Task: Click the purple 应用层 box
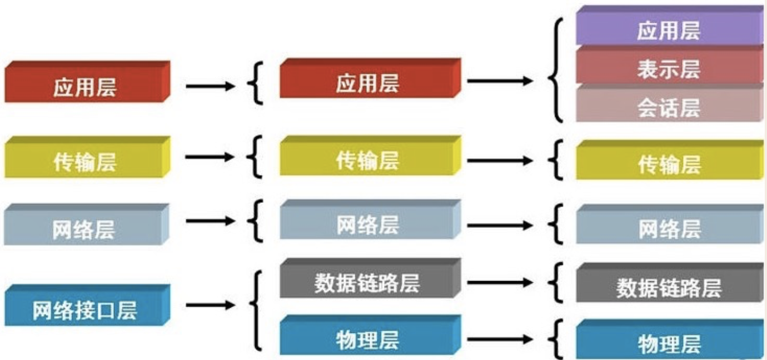click(669, 29)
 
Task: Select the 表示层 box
click(669, 68)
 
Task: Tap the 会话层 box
click(669, 107)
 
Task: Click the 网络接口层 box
click(84, 310)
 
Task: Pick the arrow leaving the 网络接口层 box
click(210, 305)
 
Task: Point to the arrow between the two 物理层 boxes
click(500, 339)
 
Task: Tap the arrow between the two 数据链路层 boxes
click(500, 282)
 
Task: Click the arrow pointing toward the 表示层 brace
click(500, 81)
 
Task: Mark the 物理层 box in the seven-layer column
click(669, 342)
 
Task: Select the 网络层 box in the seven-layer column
click(669, 228)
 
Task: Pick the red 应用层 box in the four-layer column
click(84, 86)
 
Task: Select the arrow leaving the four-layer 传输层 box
click(210, 157)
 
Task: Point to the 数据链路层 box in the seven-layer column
click(669, 287)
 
